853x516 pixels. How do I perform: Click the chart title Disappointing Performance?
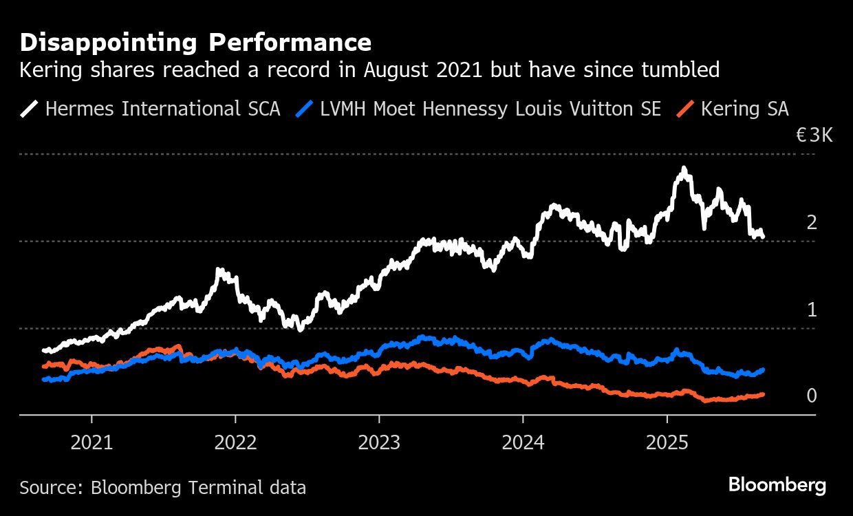195,43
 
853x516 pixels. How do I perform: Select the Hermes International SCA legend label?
162,109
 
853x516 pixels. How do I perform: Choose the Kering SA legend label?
744,109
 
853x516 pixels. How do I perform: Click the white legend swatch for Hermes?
30,109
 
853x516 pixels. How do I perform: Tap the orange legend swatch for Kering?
687,109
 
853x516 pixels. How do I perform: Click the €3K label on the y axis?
814,135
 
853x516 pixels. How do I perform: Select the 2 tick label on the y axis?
812,222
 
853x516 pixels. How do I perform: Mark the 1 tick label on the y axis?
812,310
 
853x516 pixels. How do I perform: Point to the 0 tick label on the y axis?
812,396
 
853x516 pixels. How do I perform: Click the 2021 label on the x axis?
91,442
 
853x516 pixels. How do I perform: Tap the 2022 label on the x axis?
235,442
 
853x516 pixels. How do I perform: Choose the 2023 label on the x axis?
379,442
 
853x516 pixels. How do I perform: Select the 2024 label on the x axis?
523,442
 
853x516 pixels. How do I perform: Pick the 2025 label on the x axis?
667,442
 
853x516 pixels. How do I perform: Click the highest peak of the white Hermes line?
683,169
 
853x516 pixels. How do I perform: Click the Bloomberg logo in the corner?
777,485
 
